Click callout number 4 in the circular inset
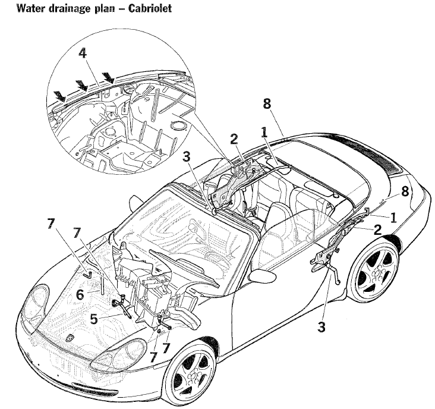83,53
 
